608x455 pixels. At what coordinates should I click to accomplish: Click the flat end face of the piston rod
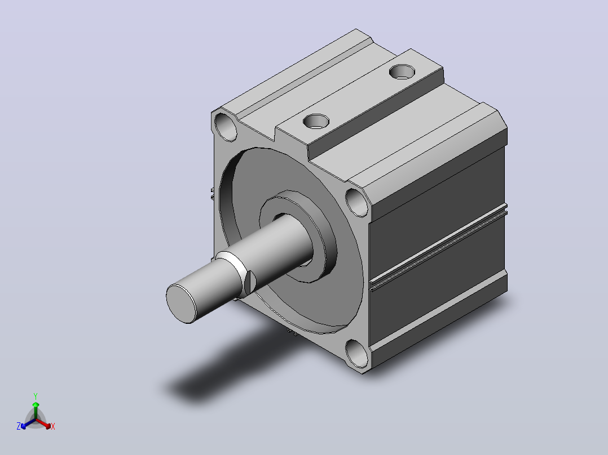click(x=181, y=304)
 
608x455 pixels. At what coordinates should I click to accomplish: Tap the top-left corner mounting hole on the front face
click(x=225, y=127)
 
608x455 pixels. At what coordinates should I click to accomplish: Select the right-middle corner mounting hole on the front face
click(x=356, y=202)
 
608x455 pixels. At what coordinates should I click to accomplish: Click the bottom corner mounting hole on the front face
click(x=356, y=353)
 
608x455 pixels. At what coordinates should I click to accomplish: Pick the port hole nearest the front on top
click(x=316, y=121)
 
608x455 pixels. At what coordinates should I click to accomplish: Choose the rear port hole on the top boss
click(x=402, y=72)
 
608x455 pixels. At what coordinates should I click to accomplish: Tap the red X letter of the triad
click(x=53, y=426)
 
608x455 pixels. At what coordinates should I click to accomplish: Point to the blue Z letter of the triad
click(x=19, y=426)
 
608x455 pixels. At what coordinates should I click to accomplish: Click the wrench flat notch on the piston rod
click(x=250, y=283)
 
